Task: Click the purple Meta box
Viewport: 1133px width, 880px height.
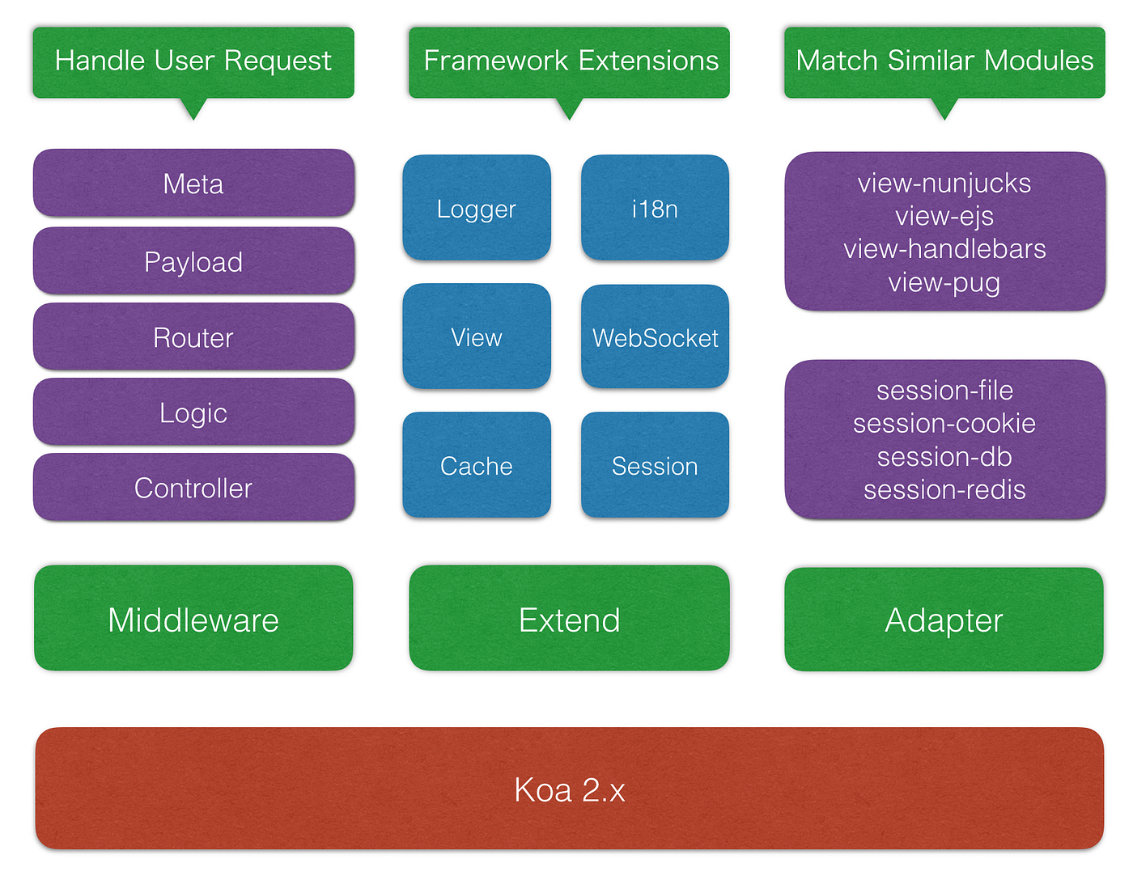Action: point(193,184)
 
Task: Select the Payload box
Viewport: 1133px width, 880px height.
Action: point(193,261)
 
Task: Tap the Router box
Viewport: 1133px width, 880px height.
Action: point(193,337)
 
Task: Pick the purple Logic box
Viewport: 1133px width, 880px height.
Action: point(193,412)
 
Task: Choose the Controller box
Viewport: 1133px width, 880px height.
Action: point(193,488)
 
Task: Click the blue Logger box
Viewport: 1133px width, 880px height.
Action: point(477,209)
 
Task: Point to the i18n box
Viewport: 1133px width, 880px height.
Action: point(655,209)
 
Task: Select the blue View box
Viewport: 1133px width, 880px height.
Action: point(477,337)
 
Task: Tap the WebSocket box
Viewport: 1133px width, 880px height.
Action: point(655,337)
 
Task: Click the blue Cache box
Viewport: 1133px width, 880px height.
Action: point(477,466)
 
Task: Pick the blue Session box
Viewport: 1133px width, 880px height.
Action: point(655,466)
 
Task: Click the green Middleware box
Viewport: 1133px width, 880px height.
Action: point(193,620)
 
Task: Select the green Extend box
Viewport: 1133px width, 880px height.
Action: point(569,620)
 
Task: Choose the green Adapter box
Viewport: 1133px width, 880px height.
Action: point(944,620)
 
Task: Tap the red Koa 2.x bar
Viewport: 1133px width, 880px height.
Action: point(569,789)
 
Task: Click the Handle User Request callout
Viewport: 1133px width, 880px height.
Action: point(193,61)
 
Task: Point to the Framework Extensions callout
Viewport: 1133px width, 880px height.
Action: point(569,61)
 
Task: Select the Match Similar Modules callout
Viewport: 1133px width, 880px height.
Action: point(944,61)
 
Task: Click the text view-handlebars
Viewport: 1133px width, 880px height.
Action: point(944,249)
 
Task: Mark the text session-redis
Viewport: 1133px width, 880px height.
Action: point(944,490)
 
